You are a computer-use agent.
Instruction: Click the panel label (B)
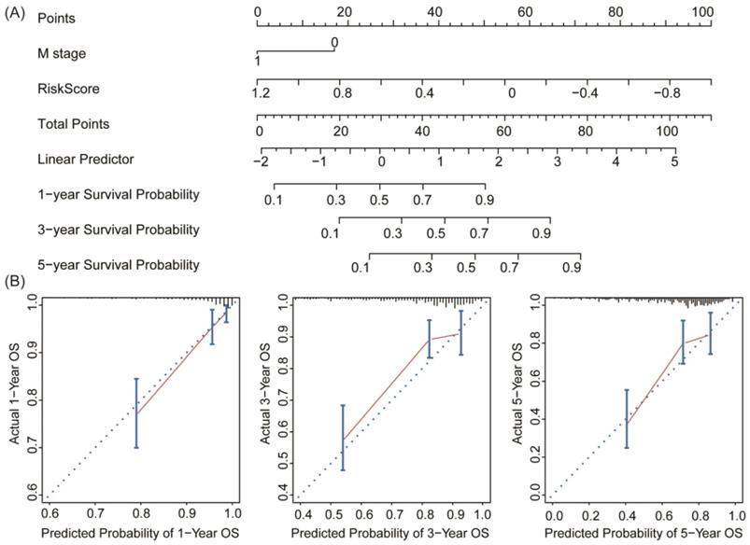16,280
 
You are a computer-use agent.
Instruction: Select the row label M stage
62,53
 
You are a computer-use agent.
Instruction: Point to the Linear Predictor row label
85,159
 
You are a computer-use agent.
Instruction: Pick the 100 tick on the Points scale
702,9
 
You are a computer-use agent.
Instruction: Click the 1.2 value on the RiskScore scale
261,94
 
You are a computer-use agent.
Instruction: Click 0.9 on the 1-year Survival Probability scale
484,200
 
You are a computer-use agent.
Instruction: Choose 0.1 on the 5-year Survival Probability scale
358,269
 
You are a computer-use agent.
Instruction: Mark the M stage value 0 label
333,43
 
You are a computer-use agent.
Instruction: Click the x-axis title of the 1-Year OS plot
139,533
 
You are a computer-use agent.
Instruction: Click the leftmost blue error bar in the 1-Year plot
136,412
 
